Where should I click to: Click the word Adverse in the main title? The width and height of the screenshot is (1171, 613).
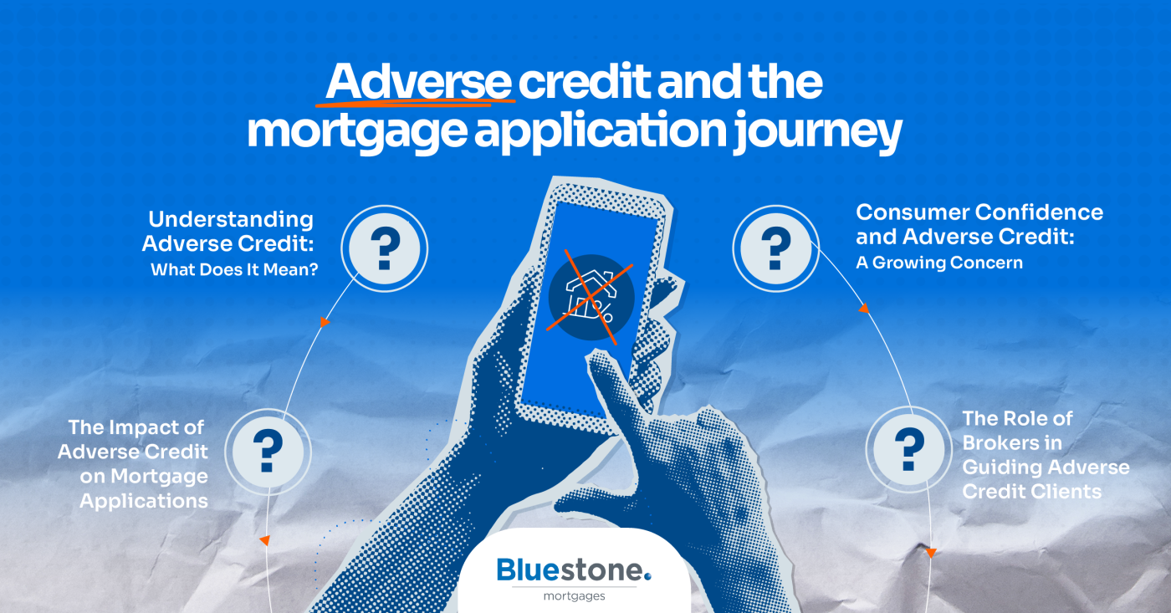(418, 82)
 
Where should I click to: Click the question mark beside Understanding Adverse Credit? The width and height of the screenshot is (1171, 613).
(386, 248)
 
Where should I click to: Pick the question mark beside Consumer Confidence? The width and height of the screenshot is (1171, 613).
(775, 248)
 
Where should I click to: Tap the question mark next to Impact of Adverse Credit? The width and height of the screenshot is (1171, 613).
(267, 452)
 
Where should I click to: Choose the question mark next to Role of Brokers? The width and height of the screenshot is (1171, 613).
(908, 449)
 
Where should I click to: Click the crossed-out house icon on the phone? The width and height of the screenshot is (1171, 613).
(592, 297)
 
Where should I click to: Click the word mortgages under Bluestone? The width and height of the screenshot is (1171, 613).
(574, 596)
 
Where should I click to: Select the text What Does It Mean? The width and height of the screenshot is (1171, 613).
(234, 271)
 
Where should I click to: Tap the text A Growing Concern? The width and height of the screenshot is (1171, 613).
(938, 263)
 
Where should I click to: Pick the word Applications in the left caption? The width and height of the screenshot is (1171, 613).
(144, 501)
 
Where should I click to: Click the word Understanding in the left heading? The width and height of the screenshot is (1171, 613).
(231, 220)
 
